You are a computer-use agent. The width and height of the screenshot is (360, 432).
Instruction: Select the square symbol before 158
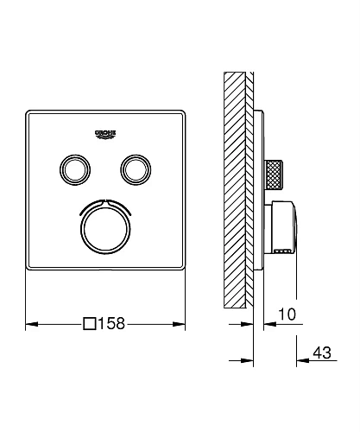point(89,326)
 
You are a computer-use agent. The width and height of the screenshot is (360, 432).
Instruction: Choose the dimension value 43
point(324,354)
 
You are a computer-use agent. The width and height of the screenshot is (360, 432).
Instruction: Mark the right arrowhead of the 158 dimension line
point(181,326)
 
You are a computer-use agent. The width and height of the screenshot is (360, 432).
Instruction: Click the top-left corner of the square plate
point(29,110)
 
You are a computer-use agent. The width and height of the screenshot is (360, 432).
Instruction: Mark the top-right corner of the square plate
point(185,110)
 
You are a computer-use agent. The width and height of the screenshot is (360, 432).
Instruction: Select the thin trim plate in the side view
point(256,190)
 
